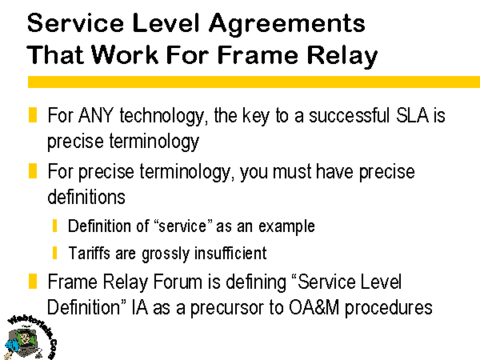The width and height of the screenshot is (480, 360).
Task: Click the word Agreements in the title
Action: point(286,25)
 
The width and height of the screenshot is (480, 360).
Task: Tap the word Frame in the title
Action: point(258,55)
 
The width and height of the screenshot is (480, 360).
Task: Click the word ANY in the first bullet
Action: point(95,115)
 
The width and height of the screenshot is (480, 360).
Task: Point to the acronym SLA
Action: point(412,115)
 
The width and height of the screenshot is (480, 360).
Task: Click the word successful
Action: point(349,115)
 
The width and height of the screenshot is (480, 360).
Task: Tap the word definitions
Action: point(86,196)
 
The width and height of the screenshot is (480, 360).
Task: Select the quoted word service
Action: point(182,226)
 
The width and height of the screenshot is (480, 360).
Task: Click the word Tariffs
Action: point(89,253)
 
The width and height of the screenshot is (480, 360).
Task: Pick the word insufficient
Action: point(230,253)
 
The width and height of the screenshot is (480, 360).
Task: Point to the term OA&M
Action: point(314,307)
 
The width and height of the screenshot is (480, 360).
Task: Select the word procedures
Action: point(389,308)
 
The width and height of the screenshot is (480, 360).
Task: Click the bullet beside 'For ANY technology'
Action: point(33,114)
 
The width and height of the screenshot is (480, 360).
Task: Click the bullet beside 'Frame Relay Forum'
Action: point(33,282)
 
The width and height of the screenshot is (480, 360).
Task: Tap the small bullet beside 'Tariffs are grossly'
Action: point(54,253)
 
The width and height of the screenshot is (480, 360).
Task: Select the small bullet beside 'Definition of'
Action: point(54,226)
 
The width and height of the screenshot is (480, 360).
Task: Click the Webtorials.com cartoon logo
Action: point(30,337)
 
